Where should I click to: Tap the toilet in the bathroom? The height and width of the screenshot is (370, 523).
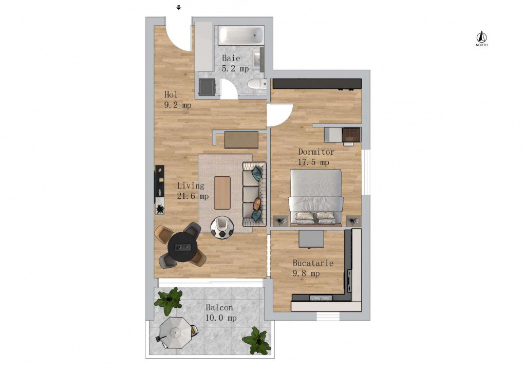click(x=256, y=84)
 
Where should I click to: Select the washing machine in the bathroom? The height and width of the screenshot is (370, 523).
click(x=207, y=87)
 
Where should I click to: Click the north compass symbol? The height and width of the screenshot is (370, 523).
click(x=481, y=38)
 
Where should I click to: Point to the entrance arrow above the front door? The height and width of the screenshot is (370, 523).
click(x=178, y=8)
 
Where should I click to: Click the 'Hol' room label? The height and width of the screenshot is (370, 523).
click(x=171, y=95)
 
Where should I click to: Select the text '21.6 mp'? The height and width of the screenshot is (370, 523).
click(x=193, y=196)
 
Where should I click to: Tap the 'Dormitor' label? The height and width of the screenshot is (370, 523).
click(x=316, y=152)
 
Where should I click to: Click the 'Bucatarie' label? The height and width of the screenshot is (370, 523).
click(x=313, y=263)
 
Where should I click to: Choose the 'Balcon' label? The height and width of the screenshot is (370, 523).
click(x=219, y=307)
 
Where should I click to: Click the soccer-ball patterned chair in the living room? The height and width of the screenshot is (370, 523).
click(x=222, y=228)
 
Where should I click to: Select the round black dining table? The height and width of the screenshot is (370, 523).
click(x=182, y=247)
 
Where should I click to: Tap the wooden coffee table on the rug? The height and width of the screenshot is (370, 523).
click(x=222, y=193)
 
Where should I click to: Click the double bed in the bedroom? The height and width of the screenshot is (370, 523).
click(x=315, y=197)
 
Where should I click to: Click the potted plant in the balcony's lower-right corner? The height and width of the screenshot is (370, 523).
click(x=256, y=341)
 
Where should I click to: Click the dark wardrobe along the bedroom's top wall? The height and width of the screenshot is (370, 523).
click(x=316, y=83)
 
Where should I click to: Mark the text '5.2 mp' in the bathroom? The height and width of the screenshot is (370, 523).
click(x=235, y=68)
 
